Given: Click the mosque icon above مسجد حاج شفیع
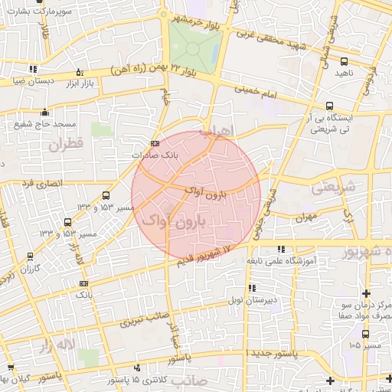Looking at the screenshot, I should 46,111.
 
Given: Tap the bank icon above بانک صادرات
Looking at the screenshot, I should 155,143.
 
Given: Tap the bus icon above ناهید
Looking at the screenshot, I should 343,61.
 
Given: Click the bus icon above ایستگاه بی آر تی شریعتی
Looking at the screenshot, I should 329,106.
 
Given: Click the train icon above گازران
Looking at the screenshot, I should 30,257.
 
